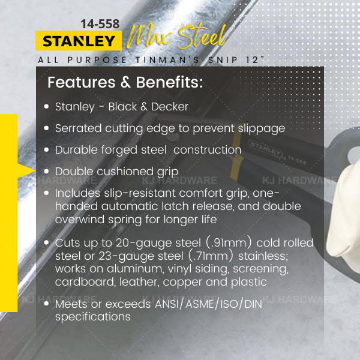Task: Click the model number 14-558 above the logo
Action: tap(100, 24)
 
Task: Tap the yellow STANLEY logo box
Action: tap(79, 41)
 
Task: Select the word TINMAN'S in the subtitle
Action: tap(167, 60)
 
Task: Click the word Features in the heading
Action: tap(82, 82)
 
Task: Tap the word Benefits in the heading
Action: tap(169, 82)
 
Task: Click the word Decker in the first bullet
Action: tap(170, 107)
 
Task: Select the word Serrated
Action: tap(78, 128)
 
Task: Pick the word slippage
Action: tap(262, 129)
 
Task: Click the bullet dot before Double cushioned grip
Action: tap(47, 171)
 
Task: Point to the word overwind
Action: tap(80, 219)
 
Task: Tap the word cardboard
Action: tap(85, 282)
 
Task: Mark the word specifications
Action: tap(93, 317)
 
